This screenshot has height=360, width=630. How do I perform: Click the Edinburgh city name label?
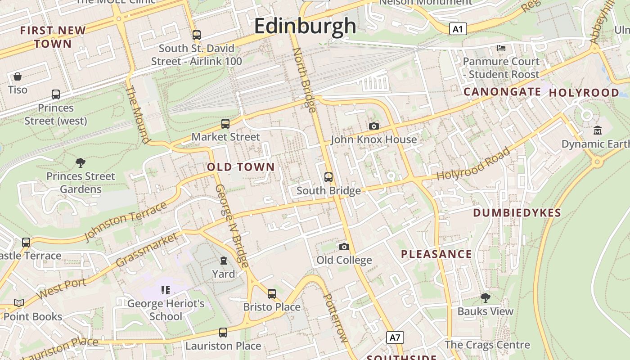tap(305, 26)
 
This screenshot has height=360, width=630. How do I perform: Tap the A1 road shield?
tap(457, 30)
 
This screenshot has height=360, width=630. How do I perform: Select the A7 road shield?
tap(395, 337)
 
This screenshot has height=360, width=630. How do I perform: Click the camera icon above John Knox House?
tap(373, 126)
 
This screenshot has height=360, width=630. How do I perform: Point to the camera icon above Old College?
tap(344, 247)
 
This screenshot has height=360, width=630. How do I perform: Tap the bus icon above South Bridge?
tap(328, 177)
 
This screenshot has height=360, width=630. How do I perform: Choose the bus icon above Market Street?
tap(225, 124)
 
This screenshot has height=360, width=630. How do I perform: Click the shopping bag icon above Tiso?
tap(18, 76)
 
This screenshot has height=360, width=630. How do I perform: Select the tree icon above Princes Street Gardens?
tap(81, 163)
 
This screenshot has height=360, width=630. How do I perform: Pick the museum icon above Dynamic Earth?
tap(598, 130)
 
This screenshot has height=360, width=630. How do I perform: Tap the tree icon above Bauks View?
tap(485, 298)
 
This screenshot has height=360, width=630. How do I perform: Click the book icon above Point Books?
tap(18, 303)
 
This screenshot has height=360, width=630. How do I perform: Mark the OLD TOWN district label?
tap(241, 167)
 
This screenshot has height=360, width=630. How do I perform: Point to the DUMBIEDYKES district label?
tap(517, 213)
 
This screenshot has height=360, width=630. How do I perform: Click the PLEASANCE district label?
tap(436, 254)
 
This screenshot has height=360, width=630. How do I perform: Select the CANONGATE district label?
tap(502, 92)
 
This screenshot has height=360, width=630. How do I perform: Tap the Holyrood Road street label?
tap(473, 164)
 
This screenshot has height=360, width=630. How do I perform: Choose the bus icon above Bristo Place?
tap(271, 294)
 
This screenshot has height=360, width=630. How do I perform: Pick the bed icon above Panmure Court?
tap(501, 48)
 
